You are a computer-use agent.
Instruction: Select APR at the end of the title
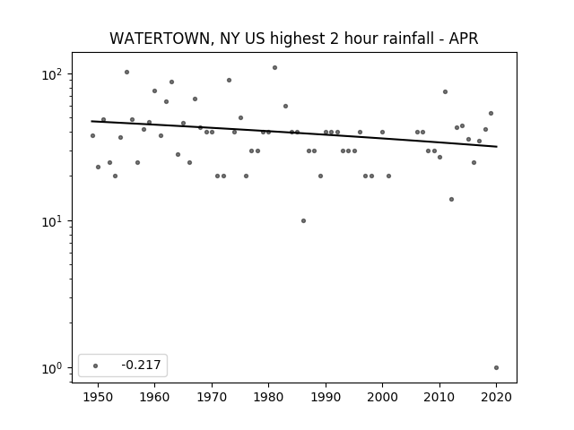pyautogui.click(x=464, y=39)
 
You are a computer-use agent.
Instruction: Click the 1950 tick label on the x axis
pyautogui.click(x=98, y=397)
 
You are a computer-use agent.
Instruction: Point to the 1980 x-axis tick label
pyautogui.click(x=268, y=397)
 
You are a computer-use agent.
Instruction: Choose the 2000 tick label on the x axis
pyautogui.click(x=382, y=397)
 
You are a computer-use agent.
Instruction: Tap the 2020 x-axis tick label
pyautogui.click(x=496, y=397)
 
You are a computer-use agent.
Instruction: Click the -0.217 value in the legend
pyautogui.click(x=141, y=365)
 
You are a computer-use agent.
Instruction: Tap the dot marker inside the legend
pyautogui.click(x=96, y=365)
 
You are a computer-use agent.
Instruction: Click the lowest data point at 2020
pyautogui.click(x=496, y=368)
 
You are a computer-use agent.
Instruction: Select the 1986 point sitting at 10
pyautogui.click(x=303, y=221)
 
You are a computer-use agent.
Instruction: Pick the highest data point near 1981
pyautogui.click(x=275, y=68)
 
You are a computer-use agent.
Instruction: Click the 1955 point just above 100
pyautogui.click(x=127, y=72)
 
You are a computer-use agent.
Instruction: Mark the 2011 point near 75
pyautogui.click(x=445, y=91)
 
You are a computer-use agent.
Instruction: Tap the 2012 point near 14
pyautogui.click(x=451, y=199)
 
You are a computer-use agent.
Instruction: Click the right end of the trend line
pyautogui.click(x=497, y=147)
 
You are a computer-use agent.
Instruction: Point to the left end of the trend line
pyautogui.click(x=91, y=121)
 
